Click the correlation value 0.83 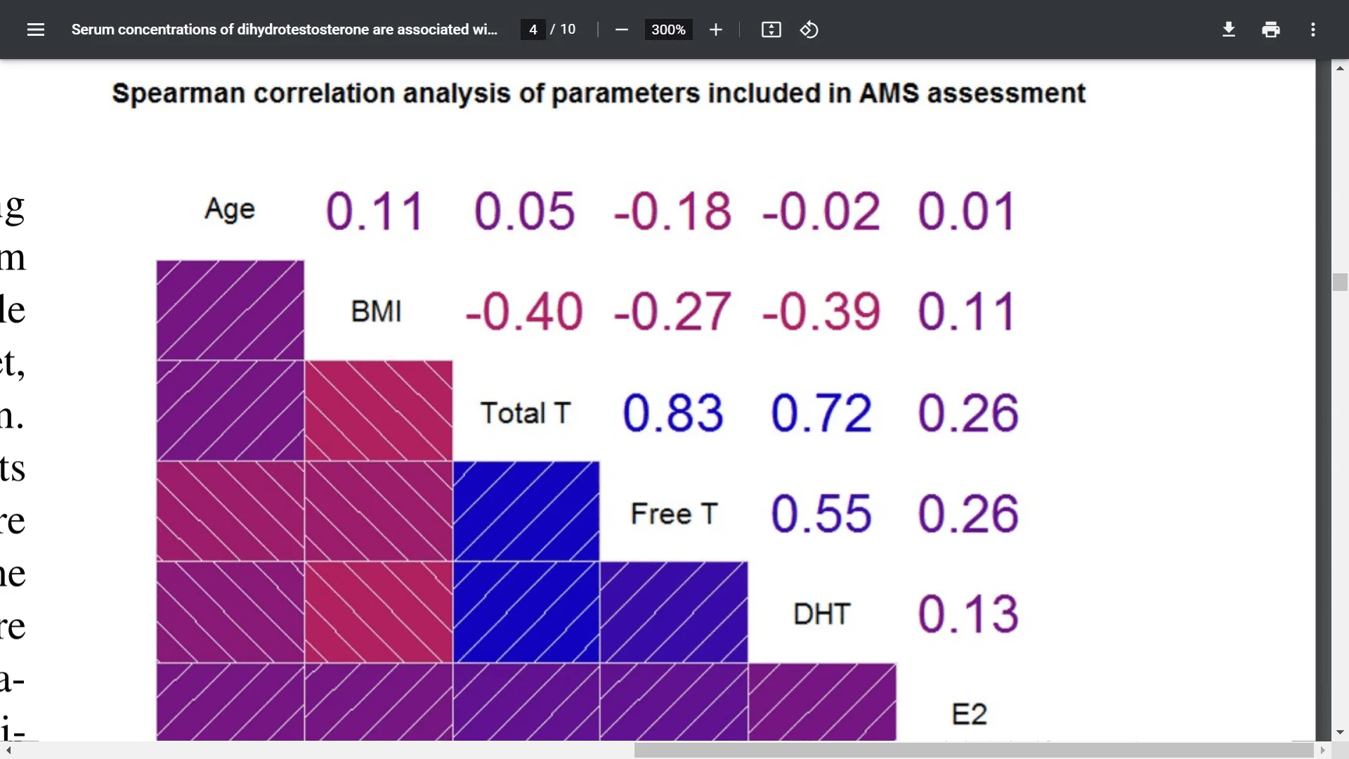click(x=672, y=413)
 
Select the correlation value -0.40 click(x=524, y=311)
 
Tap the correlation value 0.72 click(x=821, y=413)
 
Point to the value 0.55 click(x=821, y=513)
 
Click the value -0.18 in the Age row click(x=672, y=211)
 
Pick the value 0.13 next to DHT click(x=968, y=614)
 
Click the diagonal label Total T click(x=525, y=413)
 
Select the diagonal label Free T click(x=674, y=514)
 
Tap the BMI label click(x=376, y=311)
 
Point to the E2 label click(x=969, y=714)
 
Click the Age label click(x=229, y=209)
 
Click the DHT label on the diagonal click(x=821, y=614)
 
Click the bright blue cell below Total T click(x=526, y=511)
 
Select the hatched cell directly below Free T click(x=674, y=611)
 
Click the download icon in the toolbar click(x=1228, y=30)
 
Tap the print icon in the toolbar click(x=1270, y=30)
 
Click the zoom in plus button click(x=715, y=30)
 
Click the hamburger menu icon click(x=36, y=30)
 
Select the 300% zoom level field click(x=667, y=30)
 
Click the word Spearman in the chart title click(x=178, y=93)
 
